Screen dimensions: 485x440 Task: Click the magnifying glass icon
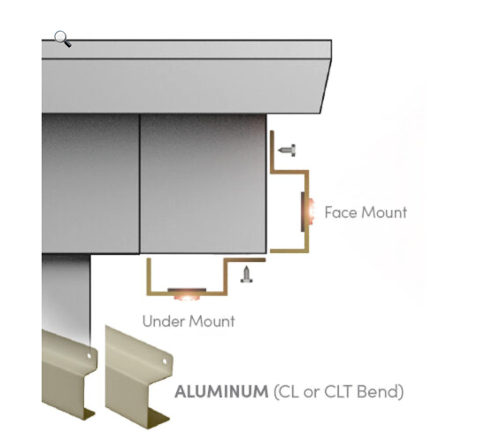click(63, 39)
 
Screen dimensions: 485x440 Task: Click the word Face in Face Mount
click(342, 212)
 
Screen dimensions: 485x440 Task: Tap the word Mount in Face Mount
click(384, 212)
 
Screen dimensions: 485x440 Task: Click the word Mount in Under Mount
click(212, 321)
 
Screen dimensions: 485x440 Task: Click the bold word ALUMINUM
click(221, 391)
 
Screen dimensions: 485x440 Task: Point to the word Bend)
click(381, 391)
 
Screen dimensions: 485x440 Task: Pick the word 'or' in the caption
click(312, 393)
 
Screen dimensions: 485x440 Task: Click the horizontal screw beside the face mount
click(287, 151)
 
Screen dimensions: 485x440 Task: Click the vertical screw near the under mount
click(247, 274)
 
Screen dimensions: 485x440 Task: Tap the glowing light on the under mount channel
click(187, 296)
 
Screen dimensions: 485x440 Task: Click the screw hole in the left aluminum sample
click(89, 356)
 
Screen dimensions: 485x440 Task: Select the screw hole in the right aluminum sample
click(165, 361)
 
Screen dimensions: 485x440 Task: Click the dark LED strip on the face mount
click(303, 212)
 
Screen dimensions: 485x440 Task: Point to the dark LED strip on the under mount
click(187, 289)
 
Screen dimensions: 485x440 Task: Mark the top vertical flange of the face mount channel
click(272, 151)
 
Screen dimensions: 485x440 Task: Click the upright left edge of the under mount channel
click(149, 275)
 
